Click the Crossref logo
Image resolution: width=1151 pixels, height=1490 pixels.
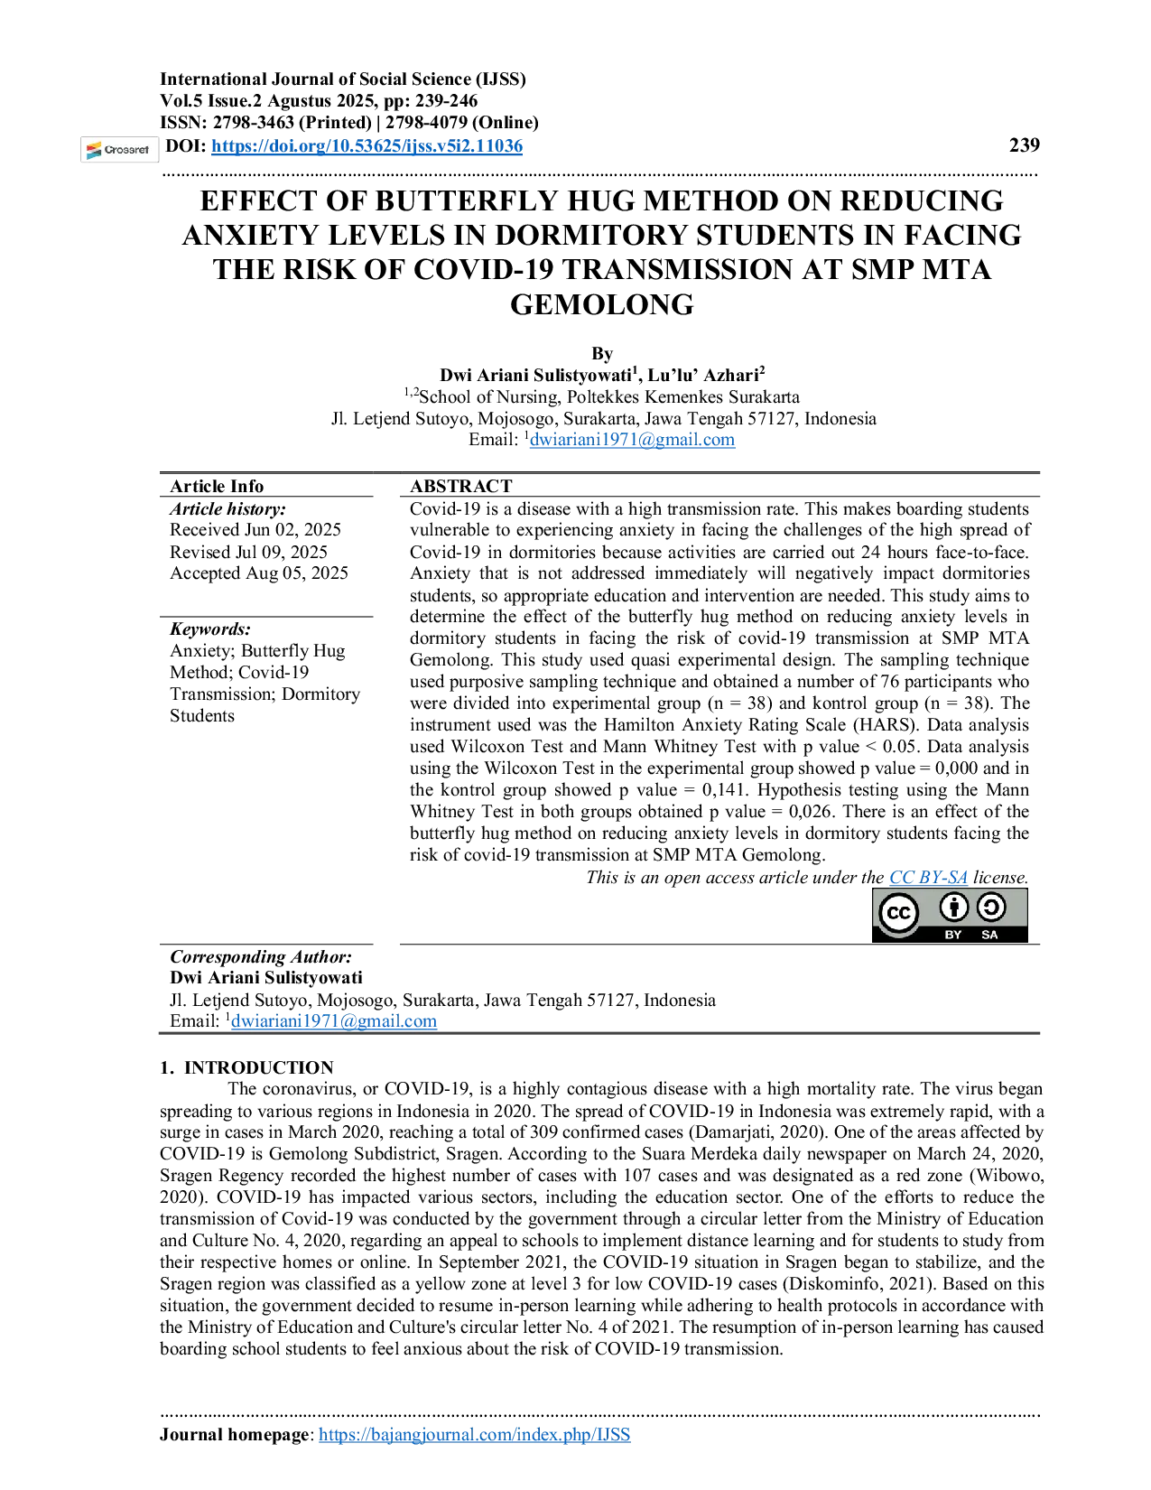[x=119, y=150]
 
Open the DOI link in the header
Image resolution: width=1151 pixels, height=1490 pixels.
[x=367, y=146]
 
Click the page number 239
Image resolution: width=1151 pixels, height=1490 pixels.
[x=1025, y=144]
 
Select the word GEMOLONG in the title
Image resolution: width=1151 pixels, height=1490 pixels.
[x=602, y=304]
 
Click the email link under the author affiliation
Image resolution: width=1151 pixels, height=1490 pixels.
[x=632, y=440]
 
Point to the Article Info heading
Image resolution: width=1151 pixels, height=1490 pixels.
[x=217, y=486]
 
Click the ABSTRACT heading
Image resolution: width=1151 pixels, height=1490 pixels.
[x=460, y=486]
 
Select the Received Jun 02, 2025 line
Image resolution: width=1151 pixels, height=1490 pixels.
[x=255, y=530]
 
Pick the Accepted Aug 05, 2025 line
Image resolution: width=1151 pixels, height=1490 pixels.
[x=259, y=573]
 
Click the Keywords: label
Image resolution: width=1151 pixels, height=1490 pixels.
[x=210, y=629]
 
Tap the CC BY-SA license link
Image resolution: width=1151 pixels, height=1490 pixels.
[x=928, y=878]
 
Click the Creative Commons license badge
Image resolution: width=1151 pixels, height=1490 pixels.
[x=950, y=916]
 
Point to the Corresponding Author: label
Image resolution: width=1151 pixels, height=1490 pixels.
[x=261, y=956]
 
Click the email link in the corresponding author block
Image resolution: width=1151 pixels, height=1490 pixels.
[x=334, y=1021]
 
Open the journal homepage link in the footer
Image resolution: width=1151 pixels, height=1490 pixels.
[x=474, y=1434]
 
